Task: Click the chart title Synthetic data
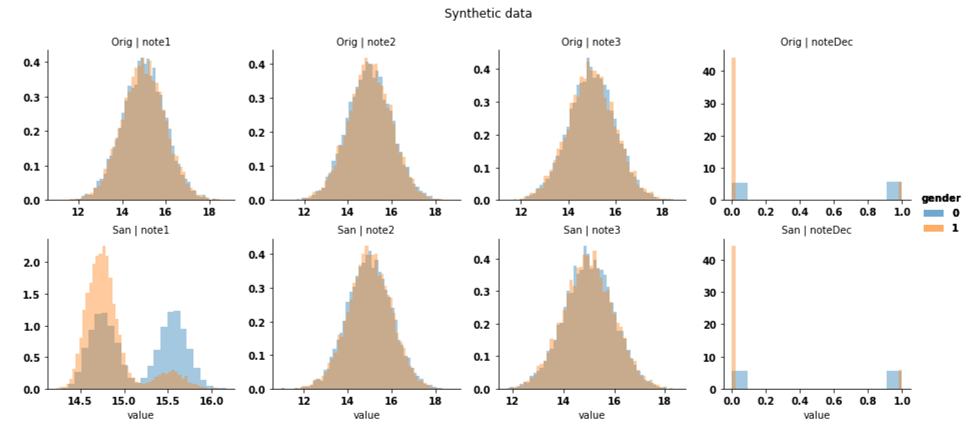pyautogui.click(x=488, y=14)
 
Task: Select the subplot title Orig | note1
pyautogui.click(x=140, y=42)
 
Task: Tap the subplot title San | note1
pyautogui.click(x=140, y=230)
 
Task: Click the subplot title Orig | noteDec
pyautogui.click(x=816, y=42)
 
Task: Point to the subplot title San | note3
pyautogui.click(x=592, y=230)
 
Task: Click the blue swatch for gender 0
pyautogui.click(x=933, y=213)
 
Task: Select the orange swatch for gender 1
pyautogui.click(x=933, y=228)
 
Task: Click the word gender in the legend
pyautogui.click(x=941, y=198)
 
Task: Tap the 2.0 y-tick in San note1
pyautogui.click(x=32, y=263)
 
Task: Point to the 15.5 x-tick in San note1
pyautogui.click(x=167, y=401)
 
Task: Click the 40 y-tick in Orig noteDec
pyautogui.click(x=709, y=72)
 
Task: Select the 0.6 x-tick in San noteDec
pyautogui.click(x=834, y=401)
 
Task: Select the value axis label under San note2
pyautogui.click(x=366, y=416)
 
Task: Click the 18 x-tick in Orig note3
pyautogui.click(x=662, y=212)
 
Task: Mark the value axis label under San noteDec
pyautogui.click(x=816, y=416)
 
